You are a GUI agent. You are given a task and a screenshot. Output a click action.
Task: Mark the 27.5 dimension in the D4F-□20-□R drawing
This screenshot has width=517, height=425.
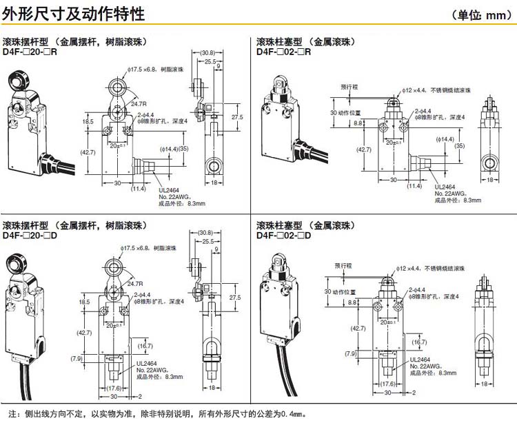pos(236,117)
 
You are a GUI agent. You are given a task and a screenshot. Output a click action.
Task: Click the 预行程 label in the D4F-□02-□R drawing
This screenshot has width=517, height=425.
pos(350,87)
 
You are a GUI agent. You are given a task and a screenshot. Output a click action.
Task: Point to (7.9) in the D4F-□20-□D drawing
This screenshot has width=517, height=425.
pos(79,358)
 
